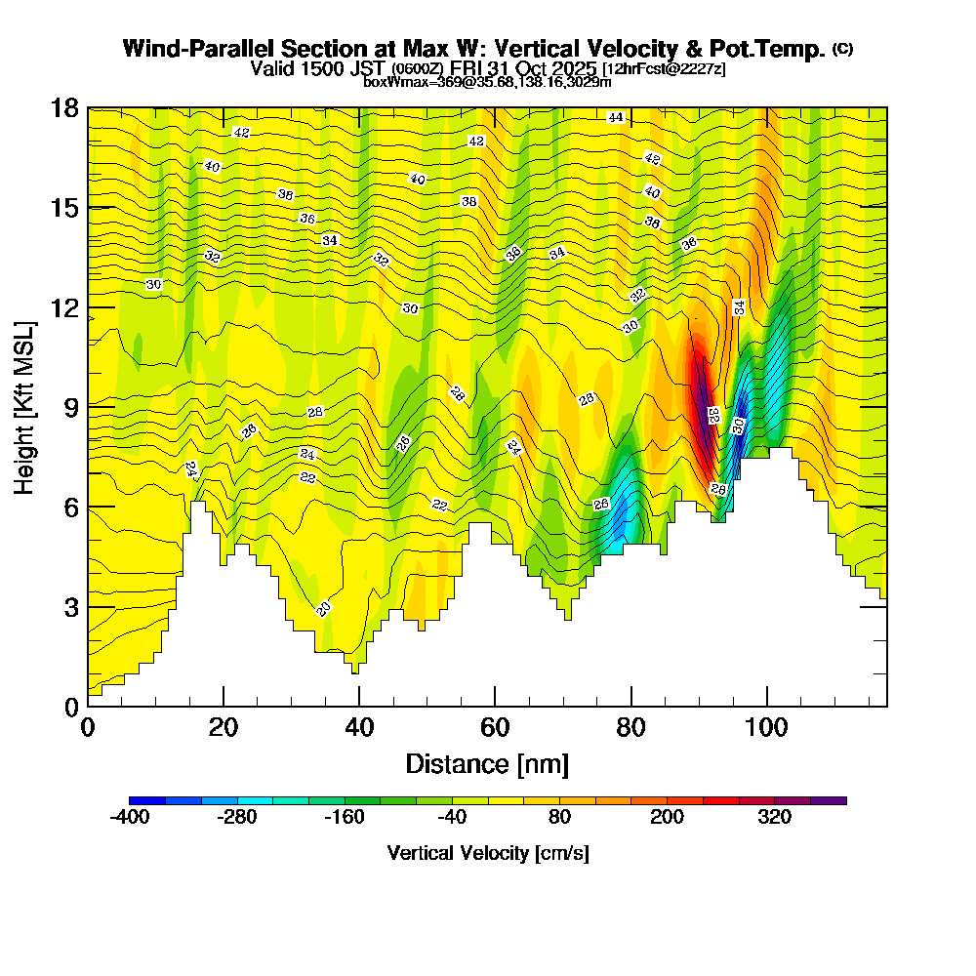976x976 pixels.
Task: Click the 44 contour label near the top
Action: pos(615,117)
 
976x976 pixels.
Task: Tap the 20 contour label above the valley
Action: pos(324,609)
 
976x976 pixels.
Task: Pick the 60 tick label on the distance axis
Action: pos(496,727)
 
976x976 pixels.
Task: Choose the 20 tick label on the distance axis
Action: pos(224,727)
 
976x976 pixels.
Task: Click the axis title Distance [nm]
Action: pos(487,763)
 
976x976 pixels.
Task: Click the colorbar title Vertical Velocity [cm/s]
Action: pos(488,853)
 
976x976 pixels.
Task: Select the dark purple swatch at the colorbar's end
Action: pos(828,800)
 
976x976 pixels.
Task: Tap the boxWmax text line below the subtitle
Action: pos(487,82)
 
